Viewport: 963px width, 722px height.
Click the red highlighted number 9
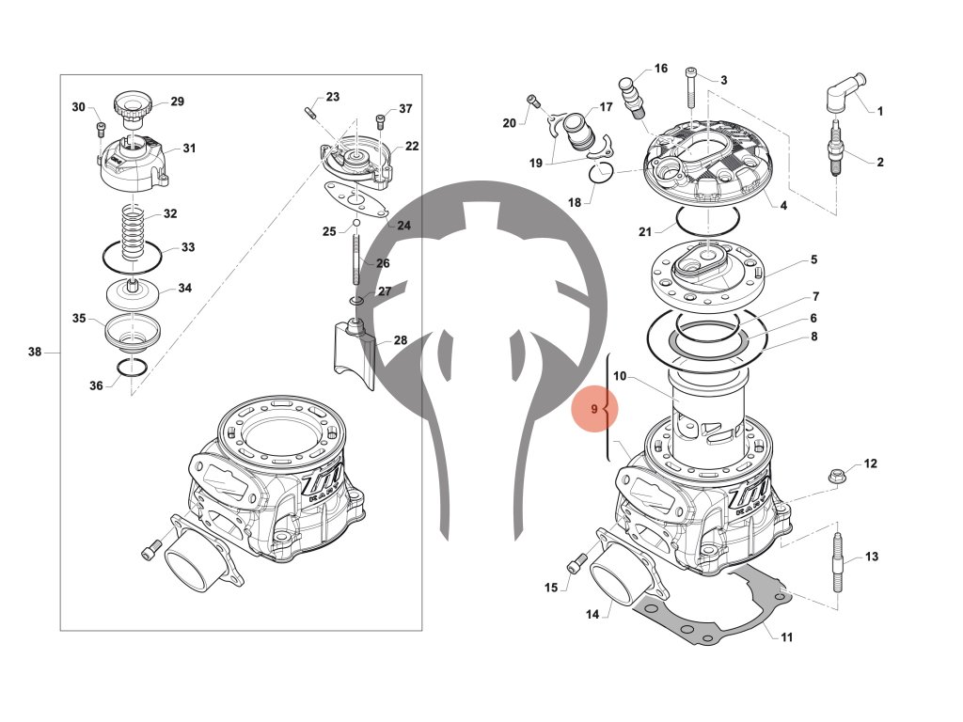(x=594, y=409)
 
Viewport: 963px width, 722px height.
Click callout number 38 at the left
(x=35, y=353)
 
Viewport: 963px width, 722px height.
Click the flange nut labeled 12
(x=835, y=477)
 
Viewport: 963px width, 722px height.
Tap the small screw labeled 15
(x=576, y=564)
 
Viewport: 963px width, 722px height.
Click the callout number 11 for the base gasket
(x=787, y=636)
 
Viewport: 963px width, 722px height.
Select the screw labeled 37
(x=381, y=120)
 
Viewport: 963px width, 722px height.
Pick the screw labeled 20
(x=532, y=101)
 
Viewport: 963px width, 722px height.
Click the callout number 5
(x=814, y=259)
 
